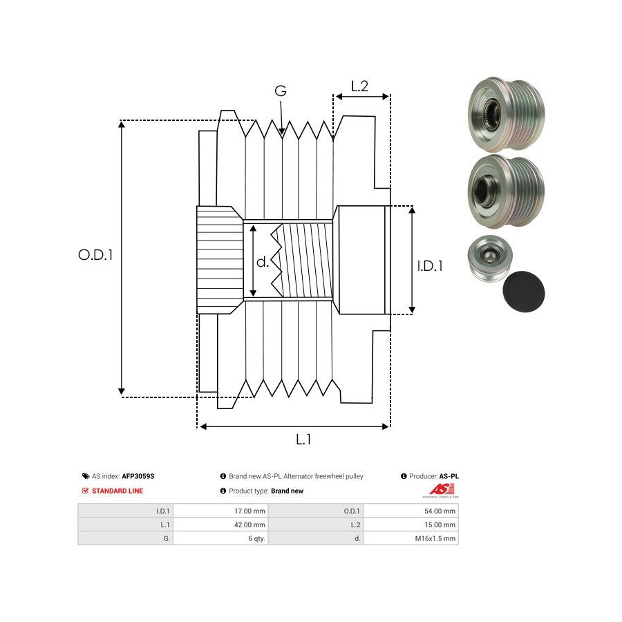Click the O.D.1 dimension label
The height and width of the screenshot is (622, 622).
point(95,254)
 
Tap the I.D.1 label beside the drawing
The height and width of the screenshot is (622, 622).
point(430,265)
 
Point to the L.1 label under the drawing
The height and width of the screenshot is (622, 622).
point(303,439)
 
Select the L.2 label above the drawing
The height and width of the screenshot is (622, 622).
point(359,86)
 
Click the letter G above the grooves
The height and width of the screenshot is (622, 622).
point(281,91)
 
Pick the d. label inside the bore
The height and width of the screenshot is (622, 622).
point(262,262)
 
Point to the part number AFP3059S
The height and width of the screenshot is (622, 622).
point(138,476)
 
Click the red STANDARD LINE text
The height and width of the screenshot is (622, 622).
point(117,491)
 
